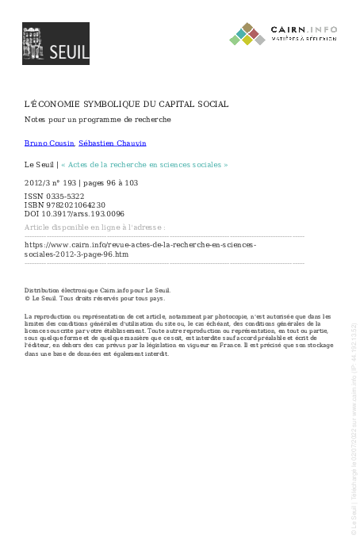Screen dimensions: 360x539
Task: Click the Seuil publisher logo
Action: coord(56,44)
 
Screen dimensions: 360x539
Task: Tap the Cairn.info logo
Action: coord(283,34)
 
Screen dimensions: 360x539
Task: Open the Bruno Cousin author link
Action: coord(49,143)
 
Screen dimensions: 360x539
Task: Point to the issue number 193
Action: coord(72,183)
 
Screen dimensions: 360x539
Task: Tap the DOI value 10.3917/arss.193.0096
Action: coord(82,213)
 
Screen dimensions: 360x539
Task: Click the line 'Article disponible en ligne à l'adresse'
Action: coord(94,227)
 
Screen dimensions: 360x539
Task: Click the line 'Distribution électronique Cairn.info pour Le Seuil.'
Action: coord(98,290)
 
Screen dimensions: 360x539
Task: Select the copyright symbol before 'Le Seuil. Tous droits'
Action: coord(27,299)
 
